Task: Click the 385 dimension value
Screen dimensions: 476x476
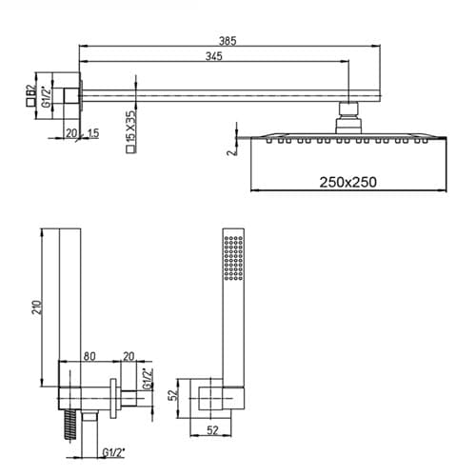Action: coord(228,41)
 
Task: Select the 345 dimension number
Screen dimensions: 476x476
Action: coord(214,56)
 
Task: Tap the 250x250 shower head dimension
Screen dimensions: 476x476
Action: coord(347,182)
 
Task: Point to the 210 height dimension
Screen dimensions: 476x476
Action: coord(38,307)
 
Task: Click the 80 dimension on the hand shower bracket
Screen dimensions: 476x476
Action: coord(89,356)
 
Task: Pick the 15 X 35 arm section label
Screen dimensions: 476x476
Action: coord(130,126)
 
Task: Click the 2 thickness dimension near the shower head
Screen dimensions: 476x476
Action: coord(232,151)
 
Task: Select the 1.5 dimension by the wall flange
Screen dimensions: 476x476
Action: coord(92,133)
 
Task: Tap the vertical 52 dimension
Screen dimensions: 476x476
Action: coord(173,395)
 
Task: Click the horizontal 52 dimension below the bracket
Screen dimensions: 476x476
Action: coord(212,430)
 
